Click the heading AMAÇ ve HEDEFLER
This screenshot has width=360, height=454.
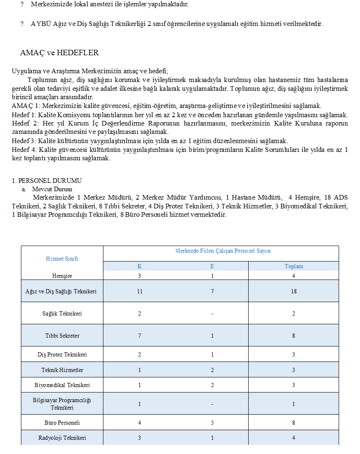tap(59, 53)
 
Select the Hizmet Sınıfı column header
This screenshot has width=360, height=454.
tap(62, 259)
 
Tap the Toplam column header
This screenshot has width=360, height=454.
tap(293, 266)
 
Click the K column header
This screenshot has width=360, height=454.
tap(139, 266)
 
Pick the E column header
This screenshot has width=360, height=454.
tap(212, 266)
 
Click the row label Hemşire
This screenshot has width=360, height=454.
tap(62, 276)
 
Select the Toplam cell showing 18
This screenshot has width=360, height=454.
tap(293, 291)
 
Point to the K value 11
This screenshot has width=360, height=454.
tap(139, 291)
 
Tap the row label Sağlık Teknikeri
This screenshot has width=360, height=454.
tap(62, 313)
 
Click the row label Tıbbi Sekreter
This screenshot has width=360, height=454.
tap(62, 336)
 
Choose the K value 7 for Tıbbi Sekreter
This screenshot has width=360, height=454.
tap(139, 336)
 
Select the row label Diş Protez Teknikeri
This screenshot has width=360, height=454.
tap(62, 354)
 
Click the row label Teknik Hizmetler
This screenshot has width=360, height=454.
tap(62, 370)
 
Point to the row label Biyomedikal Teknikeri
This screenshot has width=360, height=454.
tap(62, 385)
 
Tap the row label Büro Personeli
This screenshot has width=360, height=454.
tap(62, 423)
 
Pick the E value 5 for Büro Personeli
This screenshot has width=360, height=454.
tap(212, 423)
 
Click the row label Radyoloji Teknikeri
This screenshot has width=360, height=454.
tap(62, 438)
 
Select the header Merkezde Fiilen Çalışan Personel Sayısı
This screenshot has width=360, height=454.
tap(223, 251)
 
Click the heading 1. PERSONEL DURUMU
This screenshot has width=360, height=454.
tap(46, 181)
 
